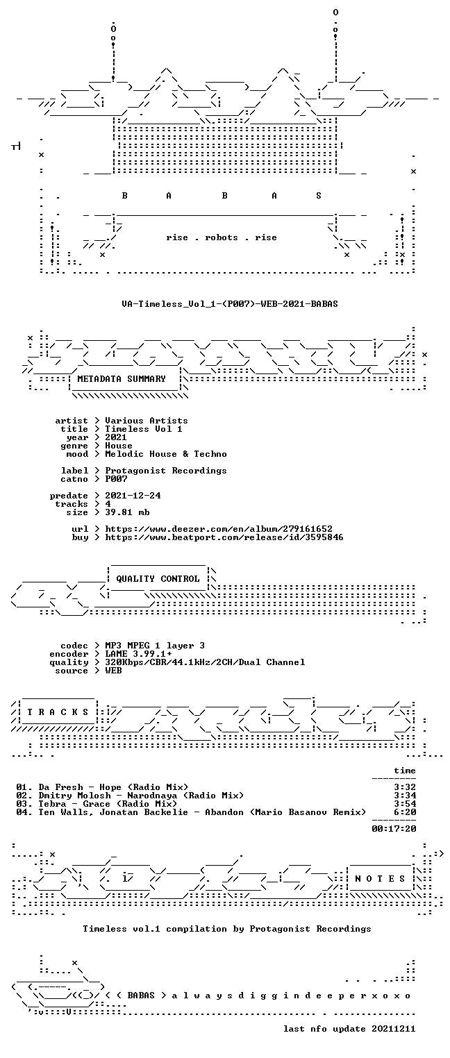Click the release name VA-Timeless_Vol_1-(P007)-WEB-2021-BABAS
230,304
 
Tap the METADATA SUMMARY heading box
124,379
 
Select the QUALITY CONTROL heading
158,579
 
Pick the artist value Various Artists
147,421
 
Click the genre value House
119,446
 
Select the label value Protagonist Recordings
166,471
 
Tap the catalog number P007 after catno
116,479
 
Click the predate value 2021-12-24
133,496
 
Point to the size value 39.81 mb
127,512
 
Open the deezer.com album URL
219,529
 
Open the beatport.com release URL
224,537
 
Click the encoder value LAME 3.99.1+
138,654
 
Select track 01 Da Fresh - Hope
102,787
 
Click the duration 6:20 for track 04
405,812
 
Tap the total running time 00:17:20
394,828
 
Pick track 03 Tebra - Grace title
97,803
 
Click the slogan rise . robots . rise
222,237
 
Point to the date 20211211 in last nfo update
394,1029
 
